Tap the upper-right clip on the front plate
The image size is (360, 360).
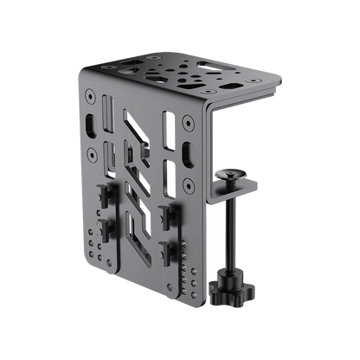(x=164, y=211)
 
